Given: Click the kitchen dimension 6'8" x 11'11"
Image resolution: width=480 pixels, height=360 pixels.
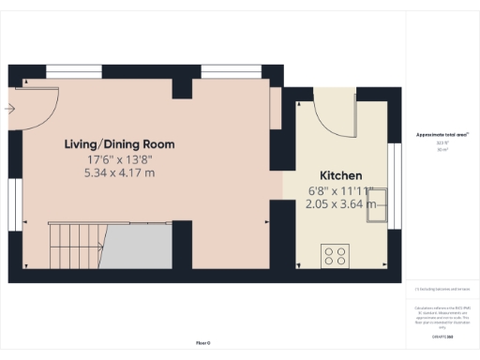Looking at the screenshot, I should click(341, 190).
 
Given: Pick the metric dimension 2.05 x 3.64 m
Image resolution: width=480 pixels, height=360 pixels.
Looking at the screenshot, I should click(341, 203).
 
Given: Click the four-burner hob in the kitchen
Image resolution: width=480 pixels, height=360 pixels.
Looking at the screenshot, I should click(335, 254).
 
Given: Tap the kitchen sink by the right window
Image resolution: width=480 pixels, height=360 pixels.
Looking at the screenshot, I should click(379, 213).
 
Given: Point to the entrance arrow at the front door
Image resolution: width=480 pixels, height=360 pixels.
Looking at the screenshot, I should click(9, 109).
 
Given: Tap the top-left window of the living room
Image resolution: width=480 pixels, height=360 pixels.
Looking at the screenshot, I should click(74, 70).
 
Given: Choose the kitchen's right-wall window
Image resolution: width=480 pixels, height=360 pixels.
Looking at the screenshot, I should click(394, 179).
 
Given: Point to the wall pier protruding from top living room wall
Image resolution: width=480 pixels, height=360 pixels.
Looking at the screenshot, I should click(182, 88).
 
